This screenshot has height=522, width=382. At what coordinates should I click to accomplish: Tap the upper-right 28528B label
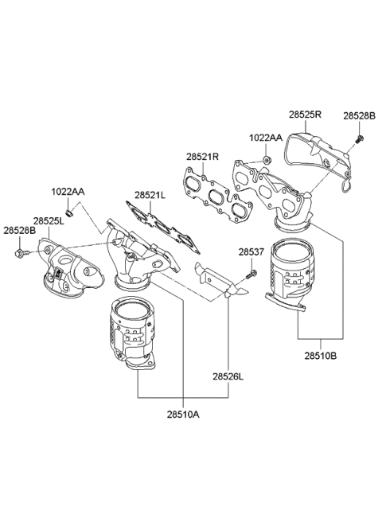[x=357, y=116]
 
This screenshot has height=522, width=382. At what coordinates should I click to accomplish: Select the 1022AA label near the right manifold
[x=265, y=138]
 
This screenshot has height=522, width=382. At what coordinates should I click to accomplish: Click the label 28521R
[x=202, y=157]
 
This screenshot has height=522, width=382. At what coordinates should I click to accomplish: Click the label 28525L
[x=49, y=220]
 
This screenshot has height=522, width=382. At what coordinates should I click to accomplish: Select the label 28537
[x=251, y=252]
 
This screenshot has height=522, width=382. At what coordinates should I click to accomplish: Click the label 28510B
[x=319, y=357]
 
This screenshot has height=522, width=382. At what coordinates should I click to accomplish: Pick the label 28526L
[x=228, y=376]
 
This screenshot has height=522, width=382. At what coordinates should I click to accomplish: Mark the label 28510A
[x=182, y=414]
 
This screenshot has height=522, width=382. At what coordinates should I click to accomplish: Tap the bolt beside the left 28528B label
[x=20, y=254]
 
